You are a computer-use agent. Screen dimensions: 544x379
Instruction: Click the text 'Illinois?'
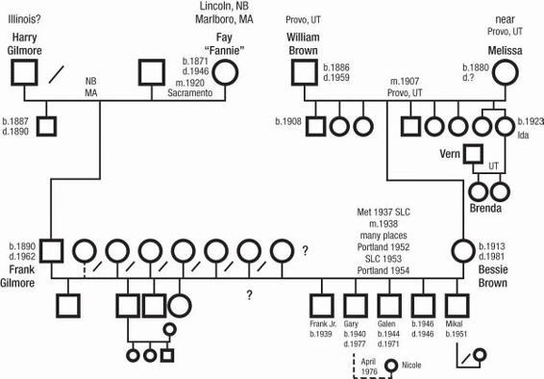tap(24, 19)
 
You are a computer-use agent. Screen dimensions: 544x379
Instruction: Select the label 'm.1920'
tap(189, 83)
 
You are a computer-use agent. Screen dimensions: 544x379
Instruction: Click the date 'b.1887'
tap(15, 121)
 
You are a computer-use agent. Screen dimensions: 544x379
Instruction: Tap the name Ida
tap(523, 135)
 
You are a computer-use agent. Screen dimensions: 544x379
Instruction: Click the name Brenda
tap(485, 208)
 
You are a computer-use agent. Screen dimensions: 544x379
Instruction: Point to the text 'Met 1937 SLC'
tap(383, 212)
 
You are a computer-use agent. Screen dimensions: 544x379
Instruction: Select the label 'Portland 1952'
tap(383, 247)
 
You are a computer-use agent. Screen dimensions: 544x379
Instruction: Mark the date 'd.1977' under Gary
tap(355, 344)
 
